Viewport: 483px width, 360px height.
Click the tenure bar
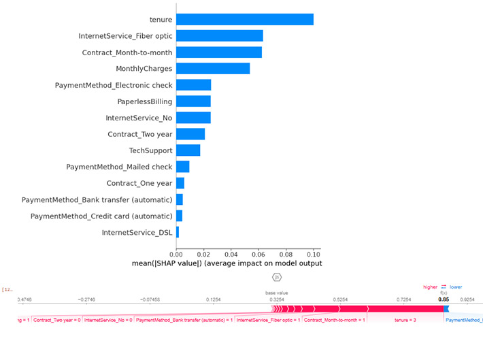(x=245, y=19)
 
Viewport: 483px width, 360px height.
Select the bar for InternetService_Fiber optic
(x=220, y=35)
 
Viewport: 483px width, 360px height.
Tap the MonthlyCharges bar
(x=213, y=69)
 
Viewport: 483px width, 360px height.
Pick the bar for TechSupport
(x=188, y=150)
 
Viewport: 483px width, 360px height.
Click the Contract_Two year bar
(x=190, y=134)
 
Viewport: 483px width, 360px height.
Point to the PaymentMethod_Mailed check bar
(x=183, y=167)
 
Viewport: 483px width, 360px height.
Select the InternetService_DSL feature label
(x=137, y=233)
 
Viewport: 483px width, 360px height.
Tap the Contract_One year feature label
(x=139, y=183)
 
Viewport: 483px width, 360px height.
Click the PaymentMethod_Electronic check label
(x=114, y=85)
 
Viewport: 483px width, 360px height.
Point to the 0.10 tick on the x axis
(x=313, y=252)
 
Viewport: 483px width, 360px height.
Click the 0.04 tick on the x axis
(x=231, y=252)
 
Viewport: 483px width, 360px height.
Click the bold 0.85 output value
(x=444, y=299)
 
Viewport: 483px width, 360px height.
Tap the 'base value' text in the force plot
(x=277, y=293)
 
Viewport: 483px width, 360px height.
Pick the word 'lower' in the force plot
(x=456, y=287)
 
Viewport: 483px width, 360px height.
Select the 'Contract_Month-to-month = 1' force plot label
(x=334, y=319)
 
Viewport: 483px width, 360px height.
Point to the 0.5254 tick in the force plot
(x=340, y=299)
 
